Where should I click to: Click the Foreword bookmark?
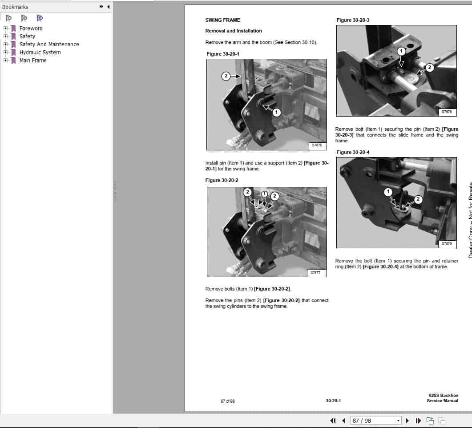pos(31,28)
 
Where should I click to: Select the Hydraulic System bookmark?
pos(40,52)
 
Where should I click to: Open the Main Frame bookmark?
pos(32,60)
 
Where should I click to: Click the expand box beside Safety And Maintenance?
pos(6,44)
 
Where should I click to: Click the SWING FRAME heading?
pos(222,20)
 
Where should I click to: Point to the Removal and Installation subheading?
pos(234,31)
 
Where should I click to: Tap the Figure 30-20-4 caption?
pos(353,152)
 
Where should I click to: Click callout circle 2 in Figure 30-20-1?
pos(226,76)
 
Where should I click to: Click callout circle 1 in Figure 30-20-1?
pos(276,113)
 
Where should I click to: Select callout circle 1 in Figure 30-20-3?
pos(401,51)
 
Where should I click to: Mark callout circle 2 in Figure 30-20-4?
pos(418,199)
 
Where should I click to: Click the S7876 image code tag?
pos(316,145)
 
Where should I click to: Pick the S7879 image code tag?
pos(447,243)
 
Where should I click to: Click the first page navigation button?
pos(333,420)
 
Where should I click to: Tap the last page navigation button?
pos(418,420)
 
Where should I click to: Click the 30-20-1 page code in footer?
pos(333,401)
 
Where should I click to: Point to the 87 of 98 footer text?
pos(227,401)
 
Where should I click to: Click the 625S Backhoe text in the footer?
pos(443,396)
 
